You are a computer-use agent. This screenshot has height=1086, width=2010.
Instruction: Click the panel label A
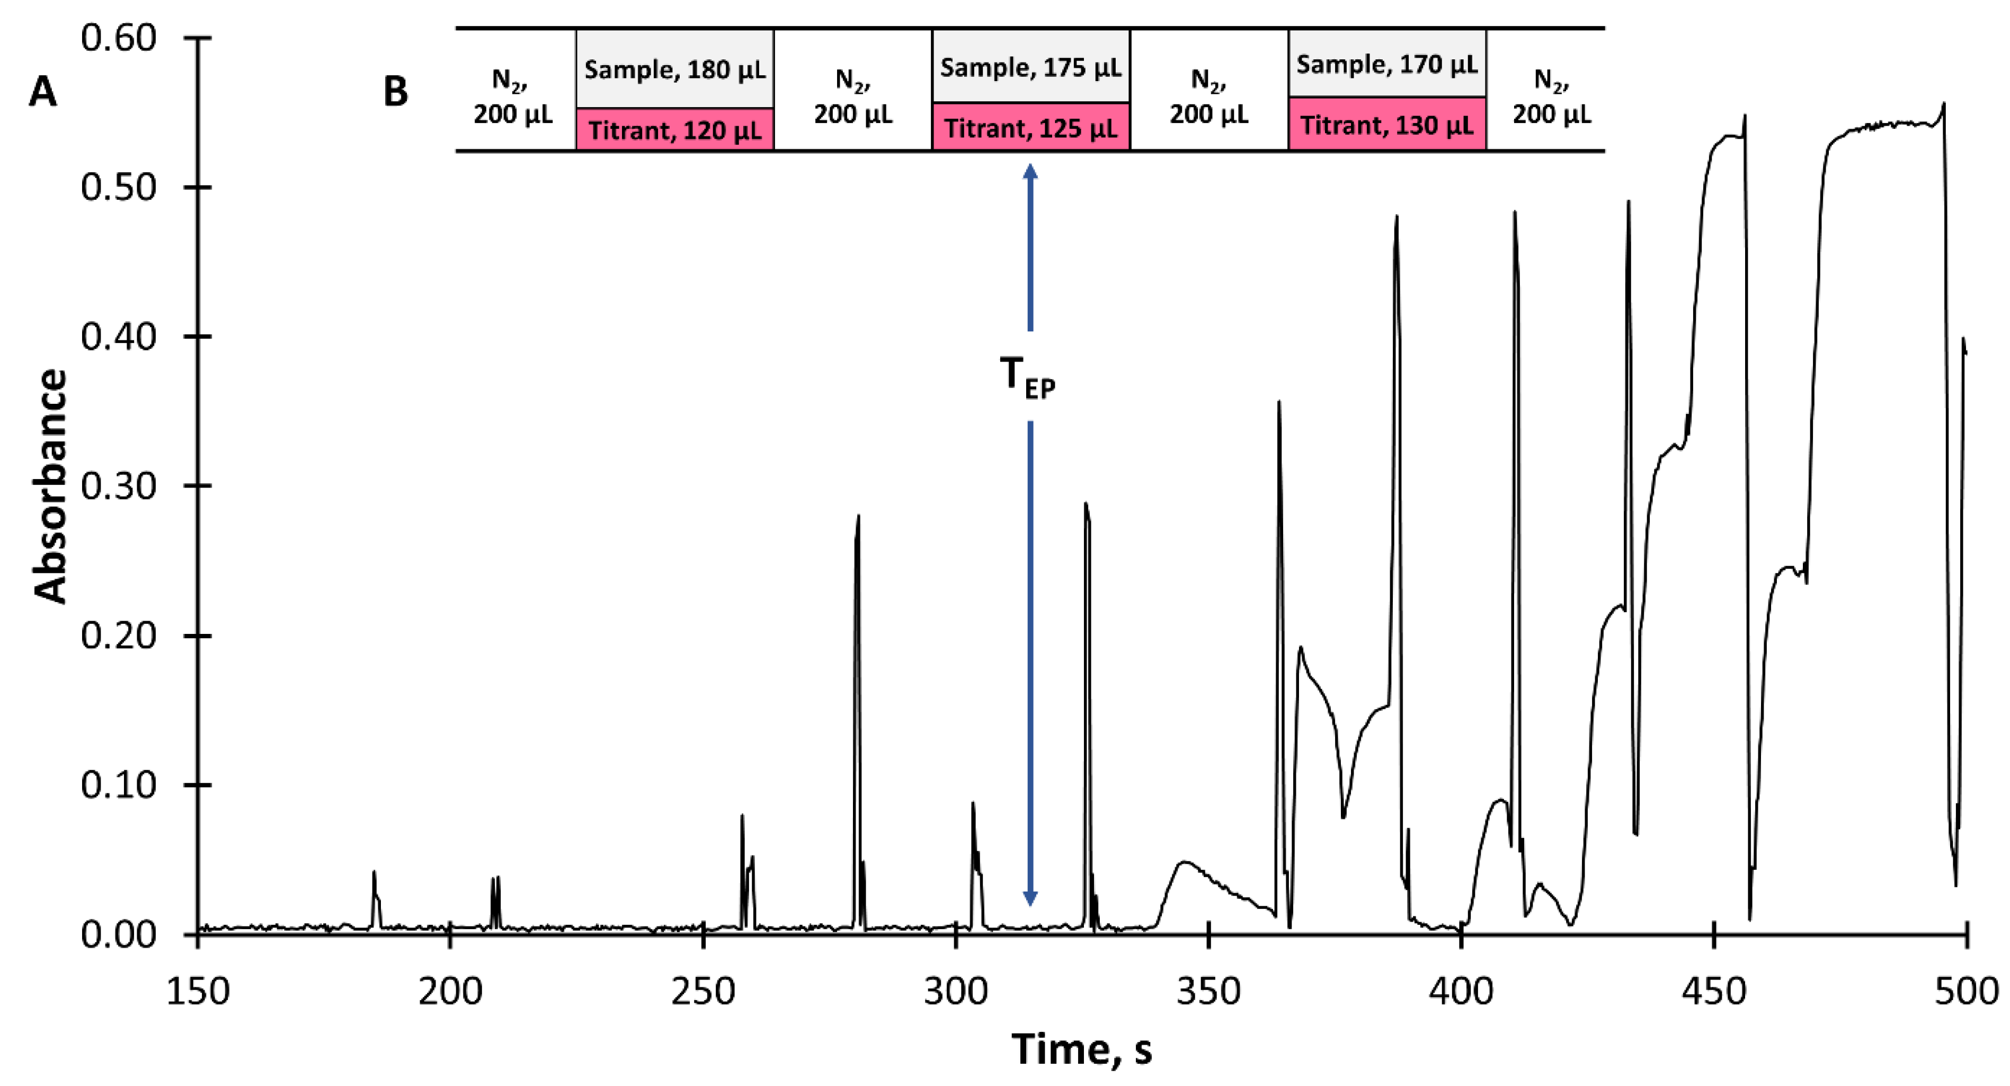point(42,92)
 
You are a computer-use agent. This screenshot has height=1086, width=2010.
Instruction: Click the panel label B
point(396,92)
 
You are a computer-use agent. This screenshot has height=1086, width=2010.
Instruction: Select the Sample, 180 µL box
point(675,69)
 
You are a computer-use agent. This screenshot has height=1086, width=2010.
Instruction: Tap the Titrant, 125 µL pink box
point(1031,127)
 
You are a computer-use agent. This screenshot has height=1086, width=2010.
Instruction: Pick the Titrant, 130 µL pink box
point(1386,125)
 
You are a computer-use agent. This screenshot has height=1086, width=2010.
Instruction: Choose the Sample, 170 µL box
point(1386,64)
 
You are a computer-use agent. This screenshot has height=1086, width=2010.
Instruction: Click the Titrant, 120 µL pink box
point(675,130)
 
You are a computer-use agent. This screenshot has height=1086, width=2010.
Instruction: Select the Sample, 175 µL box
point(1031,67)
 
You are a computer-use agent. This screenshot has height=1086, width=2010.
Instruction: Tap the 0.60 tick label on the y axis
point(119,38)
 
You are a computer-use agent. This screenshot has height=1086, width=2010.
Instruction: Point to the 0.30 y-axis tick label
point(119,487)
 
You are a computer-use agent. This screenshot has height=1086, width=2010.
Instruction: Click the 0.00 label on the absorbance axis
point(119,934)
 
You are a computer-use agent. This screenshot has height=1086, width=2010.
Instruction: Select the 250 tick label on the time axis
point(703,992)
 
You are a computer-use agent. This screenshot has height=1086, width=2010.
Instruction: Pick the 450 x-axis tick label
point(1713,992)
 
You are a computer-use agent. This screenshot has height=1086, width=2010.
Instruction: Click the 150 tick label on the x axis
point(198,992)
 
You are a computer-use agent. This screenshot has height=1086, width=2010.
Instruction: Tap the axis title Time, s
point(1081,1048)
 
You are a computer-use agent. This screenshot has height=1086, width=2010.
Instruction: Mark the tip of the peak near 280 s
point(858,516)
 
